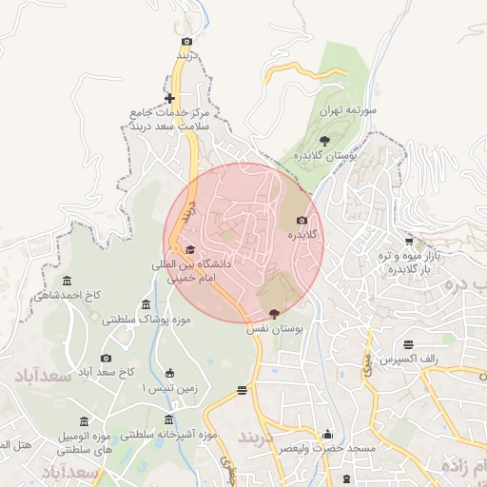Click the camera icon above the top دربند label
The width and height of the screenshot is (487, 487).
click(186, 41)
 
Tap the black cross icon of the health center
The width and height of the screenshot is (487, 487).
click(169, 98)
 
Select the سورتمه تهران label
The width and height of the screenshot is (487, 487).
click(348, 111)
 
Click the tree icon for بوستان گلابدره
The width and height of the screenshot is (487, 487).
click(325, 140)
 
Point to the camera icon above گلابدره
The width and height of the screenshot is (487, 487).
click(302, 220)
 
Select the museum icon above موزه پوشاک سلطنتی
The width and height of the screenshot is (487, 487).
click(146, 304)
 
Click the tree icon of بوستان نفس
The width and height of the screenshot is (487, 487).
click(275, 314)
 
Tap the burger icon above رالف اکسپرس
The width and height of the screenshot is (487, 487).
click(409, 344)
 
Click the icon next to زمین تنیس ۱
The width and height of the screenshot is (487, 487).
click(169, 373)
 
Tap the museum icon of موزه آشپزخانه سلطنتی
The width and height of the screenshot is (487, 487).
click(169, 419)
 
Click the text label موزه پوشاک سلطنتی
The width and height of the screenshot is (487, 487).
click(146, 320)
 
